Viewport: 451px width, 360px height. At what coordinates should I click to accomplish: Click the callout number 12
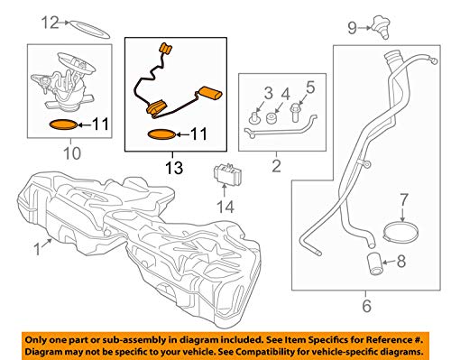coord(50,23)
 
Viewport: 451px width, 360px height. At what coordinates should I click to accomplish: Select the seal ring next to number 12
coord(90,30)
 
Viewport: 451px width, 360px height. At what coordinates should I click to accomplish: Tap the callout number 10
coord(72,153)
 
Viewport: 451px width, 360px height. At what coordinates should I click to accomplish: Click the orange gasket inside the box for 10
coord(64,125)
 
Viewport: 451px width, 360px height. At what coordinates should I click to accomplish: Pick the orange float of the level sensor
coord(209,92)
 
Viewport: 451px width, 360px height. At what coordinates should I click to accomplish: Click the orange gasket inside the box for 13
coord(161,134)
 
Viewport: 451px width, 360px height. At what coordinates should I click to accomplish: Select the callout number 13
coord(174,168)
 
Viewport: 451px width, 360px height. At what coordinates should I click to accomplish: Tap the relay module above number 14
coord(227,174)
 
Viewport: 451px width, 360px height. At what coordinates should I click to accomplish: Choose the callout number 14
coord(225,207)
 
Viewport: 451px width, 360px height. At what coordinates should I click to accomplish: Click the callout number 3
coord(268,93)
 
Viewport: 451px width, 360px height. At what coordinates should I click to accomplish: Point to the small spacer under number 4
coord(272,117)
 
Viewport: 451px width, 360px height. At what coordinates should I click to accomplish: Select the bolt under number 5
coord(295,112)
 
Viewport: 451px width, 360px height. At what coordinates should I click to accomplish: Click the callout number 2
coord(276,166)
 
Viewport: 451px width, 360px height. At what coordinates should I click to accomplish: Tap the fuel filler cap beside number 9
coord(382,27)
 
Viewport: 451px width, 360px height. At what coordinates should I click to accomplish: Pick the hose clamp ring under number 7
coord(400,232)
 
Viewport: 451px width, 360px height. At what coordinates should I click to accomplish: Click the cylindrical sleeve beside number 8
coord(375,263)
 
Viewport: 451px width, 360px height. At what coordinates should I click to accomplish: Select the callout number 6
coord(366,306)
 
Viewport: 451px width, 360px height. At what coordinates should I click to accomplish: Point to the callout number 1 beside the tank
coord(37,249)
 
